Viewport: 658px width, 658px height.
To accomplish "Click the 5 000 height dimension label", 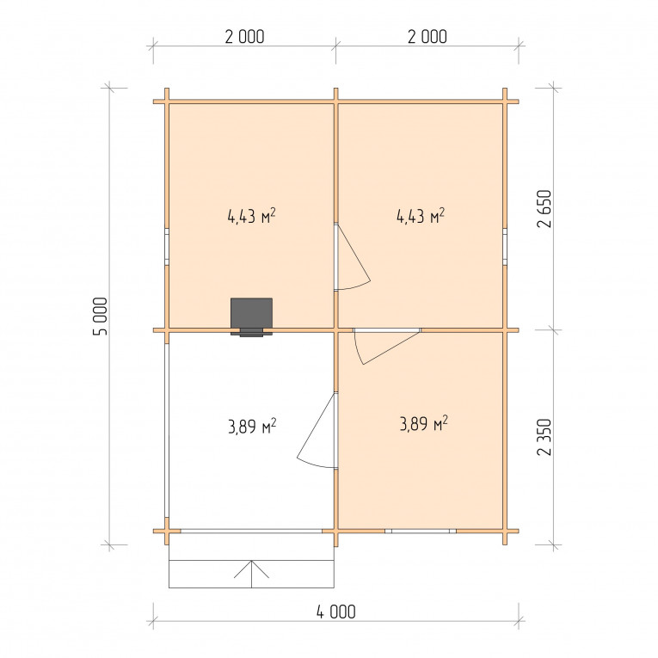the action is [101, 316].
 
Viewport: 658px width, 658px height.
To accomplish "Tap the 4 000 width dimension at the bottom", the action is [335, 612].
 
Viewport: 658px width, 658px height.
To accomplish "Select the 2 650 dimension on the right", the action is [544, 208].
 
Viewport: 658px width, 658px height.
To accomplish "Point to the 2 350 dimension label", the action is [544, 437].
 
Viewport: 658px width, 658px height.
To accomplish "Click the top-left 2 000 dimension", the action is [244, 37].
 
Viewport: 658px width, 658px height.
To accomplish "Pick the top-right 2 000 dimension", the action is [427, 37].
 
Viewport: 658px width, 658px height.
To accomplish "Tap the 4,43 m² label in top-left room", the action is [251, 216].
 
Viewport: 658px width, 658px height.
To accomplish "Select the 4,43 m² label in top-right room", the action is [421, 216].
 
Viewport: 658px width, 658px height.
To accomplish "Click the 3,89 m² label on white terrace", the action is [252, 427].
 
